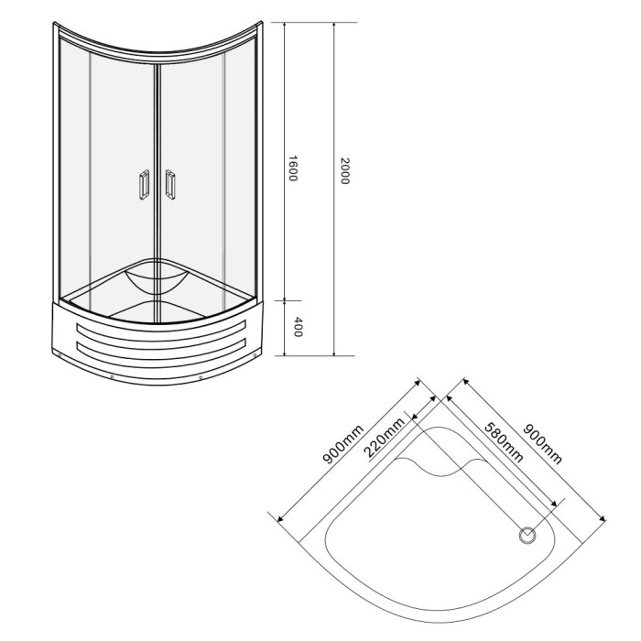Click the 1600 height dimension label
pyautogui.click(x=293, y=168)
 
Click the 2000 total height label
pyautogui.click(x=344, y=171)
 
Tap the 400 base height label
pyautogui.click(x=298, y=327)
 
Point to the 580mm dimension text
pyautogui.click(x=504, y=442)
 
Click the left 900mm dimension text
pyautogui.click(x=343, y=444)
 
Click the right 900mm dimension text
pyautogui.click(x=543, y=444)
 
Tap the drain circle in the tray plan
pyautogui.click(x=527, y=535)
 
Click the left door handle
pyautogui.click(x=144, y=185)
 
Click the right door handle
pyautogui.click(x=170, y=184)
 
